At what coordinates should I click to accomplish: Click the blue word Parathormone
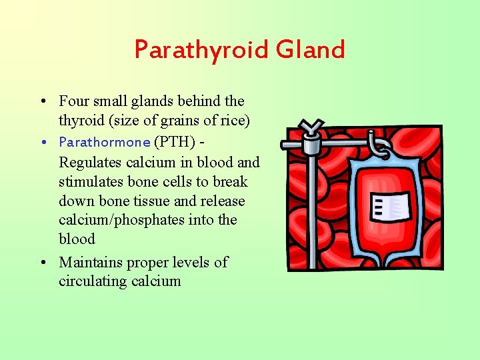(105, 142)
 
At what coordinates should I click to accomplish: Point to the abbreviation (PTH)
(174, 142)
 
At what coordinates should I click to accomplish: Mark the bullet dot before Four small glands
(42, 102)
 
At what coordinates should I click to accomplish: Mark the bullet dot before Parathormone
(42, 143)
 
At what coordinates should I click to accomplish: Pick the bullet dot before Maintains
(42, 263)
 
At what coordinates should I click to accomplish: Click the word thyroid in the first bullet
(79, 120)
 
